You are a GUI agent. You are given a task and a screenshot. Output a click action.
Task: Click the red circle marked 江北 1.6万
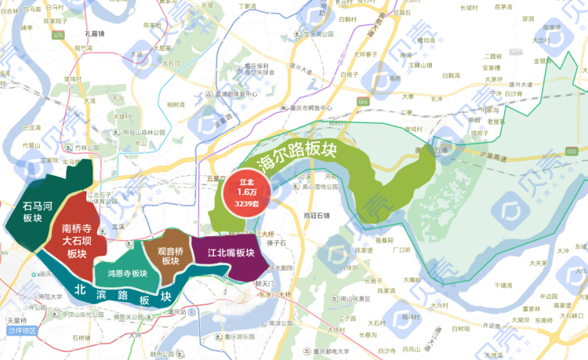(x=246, y=191)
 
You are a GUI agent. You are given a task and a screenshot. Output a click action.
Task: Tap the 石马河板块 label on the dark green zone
(x=37, y=213)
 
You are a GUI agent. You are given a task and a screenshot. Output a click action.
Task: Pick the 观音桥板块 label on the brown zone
(x=170, y=256)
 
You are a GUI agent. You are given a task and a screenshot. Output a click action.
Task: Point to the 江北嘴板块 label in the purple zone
(x=230, y=254)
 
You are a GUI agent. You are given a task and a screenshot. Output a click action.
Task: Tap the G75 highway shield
(x=59, y=35)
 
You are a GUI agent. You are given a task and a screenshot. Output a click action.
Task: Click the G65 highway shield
(x=363, y=102)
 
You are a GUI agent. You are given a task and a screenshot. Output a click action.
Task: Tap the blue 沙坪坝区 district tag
(x=23, y=331)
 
